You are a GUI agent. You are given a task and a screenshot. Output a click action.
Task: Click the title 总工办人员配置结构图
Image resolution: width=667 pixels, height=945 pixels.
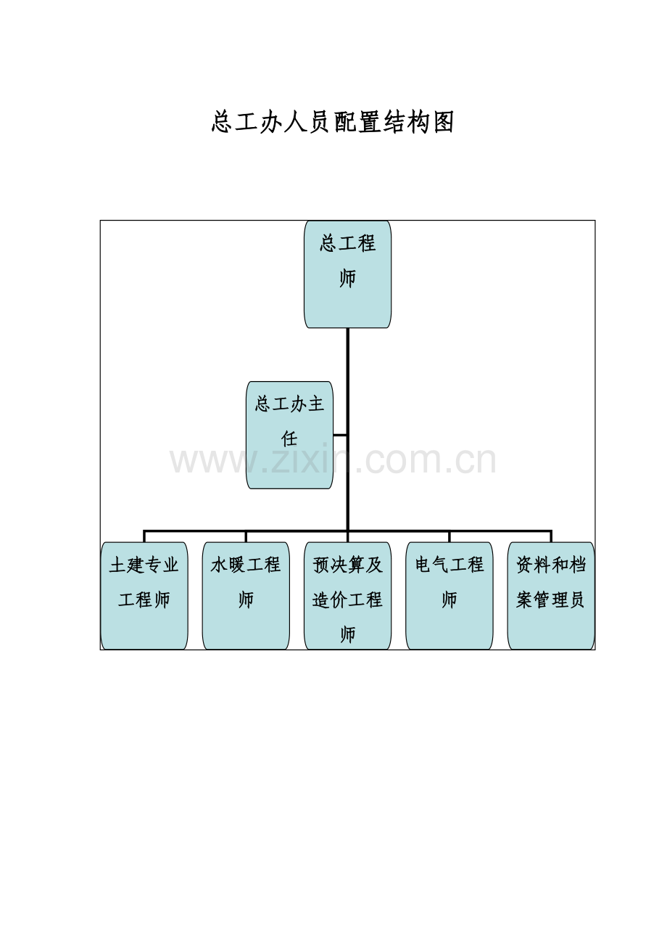point(333,123)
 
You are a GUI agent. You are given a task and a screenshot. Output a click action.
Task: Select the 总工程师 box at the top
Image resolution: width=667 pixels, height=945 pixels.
point(347,274)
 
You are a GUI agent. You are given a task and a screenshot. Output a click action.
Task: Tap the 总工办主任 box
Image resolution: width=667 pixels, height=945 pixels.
point(289,435)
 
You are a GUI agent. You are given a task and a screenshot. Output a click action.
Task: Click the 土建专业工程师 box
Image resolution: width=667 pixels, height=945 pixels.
point(144,596)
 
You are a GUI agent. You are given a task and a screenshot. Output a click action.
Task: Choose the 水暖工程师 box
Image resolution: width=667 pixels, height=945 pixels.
point(246,596)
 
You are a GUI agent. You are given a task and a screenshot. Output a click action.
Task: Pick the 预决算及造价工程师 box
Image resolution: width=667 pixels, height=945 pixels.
point(347,596)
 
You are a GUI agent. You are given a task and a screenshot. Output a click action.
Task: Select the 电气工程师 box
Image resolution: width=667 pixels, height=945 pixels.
point(449,596)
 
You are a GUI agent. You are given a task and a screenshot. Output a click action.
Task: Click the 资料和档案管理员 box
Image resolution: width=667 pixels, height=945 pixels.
point(551,596)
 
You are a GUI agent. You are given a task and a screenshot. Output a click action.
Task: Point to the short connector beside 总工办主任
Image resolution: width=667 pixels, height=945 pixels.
point(340,435)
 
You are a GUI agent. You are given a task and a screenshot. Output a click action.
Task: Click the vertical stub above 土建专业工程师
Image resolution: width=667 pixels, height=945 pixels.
point(144,536)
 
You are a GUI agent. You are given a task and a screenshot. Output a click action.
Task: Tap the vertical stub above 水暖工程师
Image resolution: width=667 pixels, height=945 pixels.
point(246,536)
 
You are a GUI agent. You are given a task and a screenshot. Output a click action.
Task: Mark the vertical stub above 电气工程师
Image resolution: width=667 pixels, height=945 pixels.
point(449,536)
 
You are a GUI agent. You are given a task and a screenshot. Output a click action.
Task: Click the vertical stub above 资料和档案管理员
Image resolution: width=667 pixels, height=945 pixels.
point(551,536)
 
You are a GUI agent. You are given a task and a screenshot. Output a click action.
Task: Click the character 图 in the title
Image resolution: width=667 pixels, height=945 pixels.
point(443,123)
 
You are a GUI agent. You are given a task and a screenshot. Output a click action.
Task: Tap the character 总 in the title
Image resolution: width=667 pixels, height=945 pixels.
point(222,123)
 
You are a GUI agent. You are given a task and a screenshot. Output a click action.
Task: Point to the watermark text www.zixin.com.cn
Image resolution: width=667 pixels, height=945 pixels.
point(333,460)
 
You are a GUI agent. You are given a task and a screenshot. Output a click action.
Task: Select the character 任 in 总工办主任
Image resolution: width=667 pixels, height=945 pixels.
point(289,438)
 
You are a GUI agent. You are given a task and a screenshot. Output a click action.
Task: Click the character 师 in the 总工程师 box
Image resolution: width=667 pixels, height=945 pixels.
point(347,279)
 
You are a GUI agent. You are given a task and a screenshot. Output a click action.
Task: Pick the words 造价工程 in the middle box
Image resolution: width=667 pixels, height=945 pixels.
point(347,600)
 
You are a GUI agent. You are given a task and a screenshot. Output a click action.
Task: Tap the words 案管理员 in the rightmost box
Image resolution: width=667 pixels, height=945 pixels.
point(551,600)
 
